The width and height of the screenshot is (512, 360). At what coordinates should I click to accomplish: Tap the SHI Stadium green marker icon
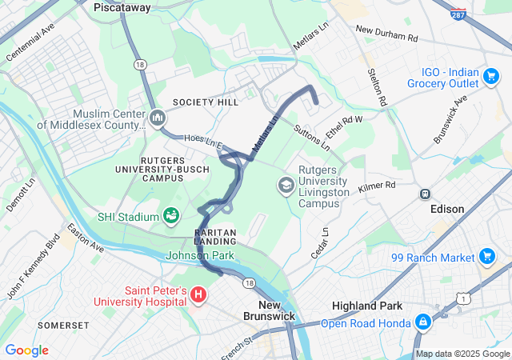[170, 216]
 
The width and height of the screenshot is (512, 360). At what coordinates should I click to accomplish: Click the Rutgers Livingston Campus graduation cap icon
[285, 186]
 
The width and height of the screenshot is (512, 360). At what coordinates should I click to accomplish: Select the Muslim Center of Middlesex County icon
[158, 119]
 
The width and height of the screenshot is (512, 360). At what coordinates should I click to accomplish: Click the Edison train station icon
[426, 194]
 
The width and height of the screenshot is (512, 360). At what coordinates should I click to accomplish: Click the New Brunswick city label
[269, 311]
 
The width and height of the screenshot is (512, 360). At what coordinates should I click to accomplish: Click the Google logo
[26, 350]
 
